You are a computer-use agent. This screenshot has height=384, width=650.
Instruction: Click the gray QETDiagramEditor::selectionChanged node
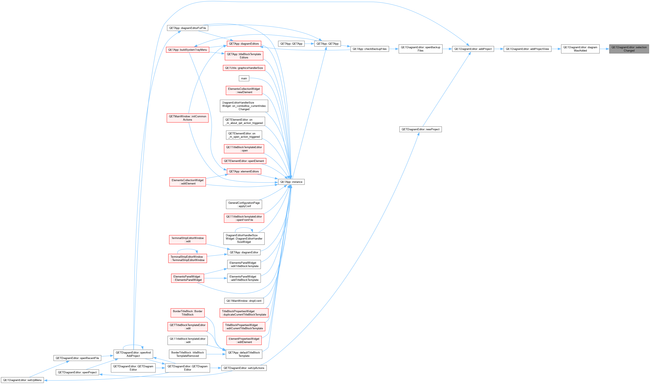point(629,49)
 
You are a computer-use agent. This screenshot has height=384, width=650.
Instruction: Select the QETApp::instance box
point(291,182)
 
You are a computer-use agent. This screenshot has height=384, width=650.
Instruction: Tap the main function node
point(244,78)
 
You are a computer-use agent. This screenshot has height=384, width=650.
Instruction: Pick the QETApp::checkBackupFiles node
point(370,49)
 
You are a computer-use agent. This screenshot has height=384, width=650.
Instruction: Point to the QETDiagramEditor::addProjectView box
point(527,49)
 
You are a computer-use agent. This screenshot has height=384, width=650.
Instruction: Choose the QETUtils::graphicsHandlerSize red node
point(244,68)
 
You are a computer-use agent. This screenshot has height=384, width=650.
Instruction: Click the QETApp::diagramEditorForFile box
point(187,28)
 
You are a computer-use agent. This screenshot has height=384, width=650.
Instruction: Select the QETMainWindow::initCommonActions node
point(187,118)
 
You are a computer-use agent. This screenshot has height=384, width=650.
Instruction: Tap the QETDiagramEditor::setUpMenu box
point(22,380)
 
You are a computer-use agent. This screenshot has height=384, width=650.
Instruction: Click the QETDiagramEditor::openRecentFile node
point(77,358)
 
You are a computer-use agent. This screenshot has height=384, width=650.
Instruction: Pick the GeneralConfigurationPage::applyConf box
point(244,204)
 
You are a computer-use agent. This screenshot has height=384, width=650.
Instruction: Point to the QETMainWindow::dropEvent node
point(244,301)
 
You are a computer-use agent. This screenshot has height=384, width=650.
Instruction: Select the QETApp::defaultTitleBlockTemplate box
point(244,354)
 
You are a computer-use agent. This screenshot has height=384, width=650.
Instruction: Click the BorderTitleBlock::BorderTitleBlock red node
point(187,313)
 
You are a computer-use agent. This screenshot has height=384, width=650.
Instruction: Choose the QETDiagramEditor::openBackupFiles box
point(421,49)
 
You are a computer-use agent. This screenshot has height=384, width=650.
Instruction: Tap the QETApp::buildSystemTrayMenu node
point(187,50)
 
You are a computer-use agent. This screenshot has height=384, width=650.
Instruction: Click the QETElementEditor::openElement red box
point(244,161)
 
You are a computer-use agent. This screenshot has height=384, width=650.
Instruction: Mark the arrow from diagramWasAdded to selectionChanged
point(604,49)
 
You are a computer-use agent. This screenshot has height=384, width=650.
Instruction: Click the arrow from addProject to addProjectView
point(499,49)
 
